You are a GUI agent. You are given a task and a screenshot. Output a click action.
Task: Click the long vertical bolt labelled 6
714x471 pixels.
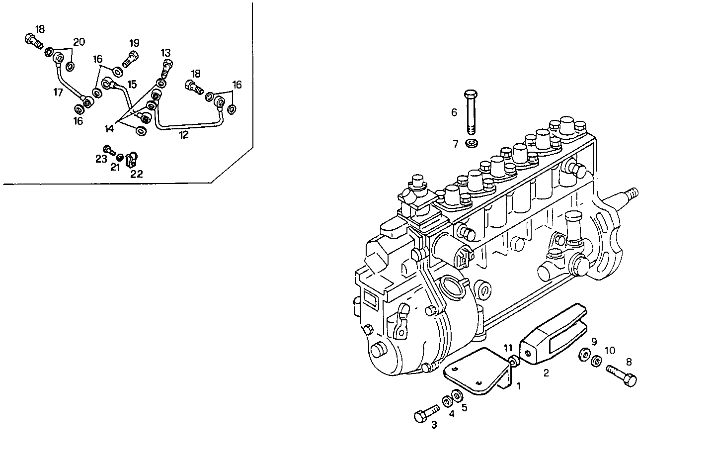471,113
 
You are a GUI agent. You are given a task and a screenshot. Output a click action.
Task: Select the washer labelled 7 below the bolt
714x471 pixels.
471,144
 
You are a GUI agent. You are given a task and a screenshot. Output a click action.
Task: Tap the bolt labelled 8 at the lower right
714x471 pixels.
621,375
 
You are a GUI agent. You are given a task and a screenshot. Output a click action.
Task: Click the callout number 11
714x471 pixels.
508,347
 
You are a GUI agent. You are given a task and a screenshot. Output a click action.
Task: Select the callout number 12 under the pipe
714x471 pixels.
184,135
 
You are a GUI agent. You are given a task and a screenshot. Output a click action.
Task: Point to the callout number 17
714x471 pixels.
59,92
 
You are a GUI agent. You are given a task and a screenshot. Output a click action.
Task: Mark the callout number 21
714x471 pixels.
115,168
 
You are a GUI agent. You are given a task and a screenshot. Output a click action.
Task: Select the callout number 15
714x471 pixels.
131,85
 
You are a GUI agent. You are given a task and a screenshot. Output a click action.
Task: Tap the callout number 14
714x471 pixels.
109,128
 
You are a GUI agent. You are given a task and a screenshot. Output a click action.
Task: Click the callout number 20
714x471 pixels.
79,42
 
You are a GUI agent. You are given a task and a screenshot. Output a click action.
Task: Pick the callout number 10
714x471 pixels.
610,351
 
